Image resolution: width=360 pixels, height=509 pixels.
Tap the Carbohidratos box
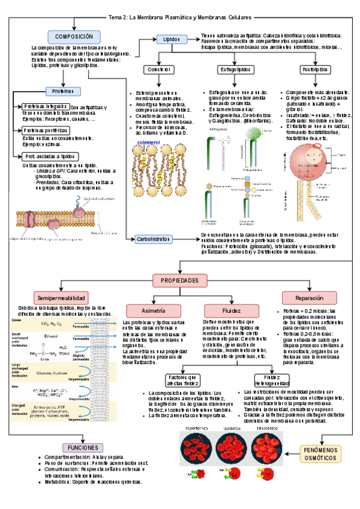158,239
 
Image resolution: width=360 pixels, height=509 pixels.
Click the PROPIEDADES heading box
180,280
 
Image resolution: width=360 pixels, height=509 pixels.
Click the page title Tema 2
180,17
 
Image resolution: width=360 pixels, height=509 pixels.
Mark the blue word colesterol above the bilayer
148,143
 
